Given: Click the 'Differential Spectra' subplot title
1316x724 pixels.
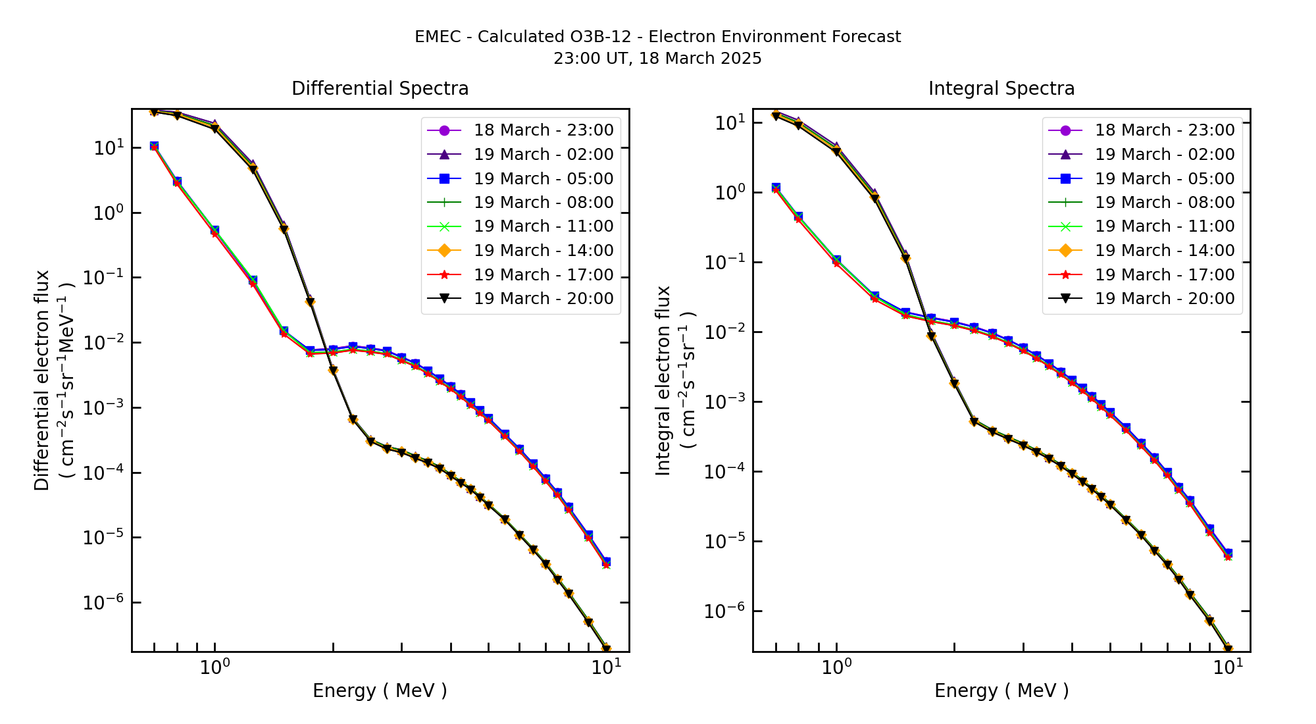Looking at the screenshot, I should point(380,89).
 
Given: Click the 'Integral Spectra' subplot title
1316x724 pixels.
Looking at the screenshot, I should point(1001,89).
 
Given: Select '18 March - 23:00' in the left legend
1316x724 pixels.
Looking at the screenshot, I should point(544,130).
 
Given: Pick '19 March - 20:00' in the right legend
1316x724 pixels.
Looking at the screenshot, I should point(1165,299).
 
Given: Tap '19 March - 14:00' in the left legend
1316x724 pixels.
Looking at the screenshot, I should point(544,251).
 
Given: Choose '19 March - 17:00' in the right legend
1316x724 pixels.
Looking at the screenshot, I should point(1165,275).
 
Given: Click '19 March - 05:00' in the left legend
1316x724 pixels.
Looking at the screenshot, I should point(544,179).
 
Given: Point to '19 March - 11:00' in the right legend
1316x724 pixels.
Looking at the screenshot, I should point(1165,226).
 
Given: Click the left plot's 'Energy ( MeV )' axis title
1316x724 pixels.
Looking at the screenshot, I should point(380,690).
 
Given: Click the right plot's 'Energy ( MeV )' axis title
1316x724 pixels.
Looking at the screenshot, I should point(1001,690).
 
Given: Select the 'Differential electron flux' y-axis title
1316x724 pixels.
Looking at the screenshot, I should point(42,380).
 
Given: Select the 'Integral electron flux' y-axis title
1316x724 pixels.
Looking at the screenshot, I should point(663,380).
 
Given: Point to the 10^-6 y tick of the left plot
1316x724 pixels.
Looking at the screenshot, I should point(103,603).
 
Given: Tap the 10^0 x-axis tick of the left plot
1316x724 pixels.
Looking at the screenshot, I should point(215,667).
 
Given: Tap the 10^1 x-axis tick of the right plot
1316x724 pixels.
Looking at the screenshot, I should point(1228,667).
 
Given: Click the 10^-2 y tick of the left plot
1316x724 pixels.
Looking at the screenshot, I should point(103,343).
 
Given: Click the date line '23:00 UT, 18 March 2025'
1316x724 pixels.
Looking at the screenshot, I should point(657,59).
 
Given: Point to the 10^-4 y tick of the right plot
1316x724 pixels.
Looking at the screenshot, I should point(724,472).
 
